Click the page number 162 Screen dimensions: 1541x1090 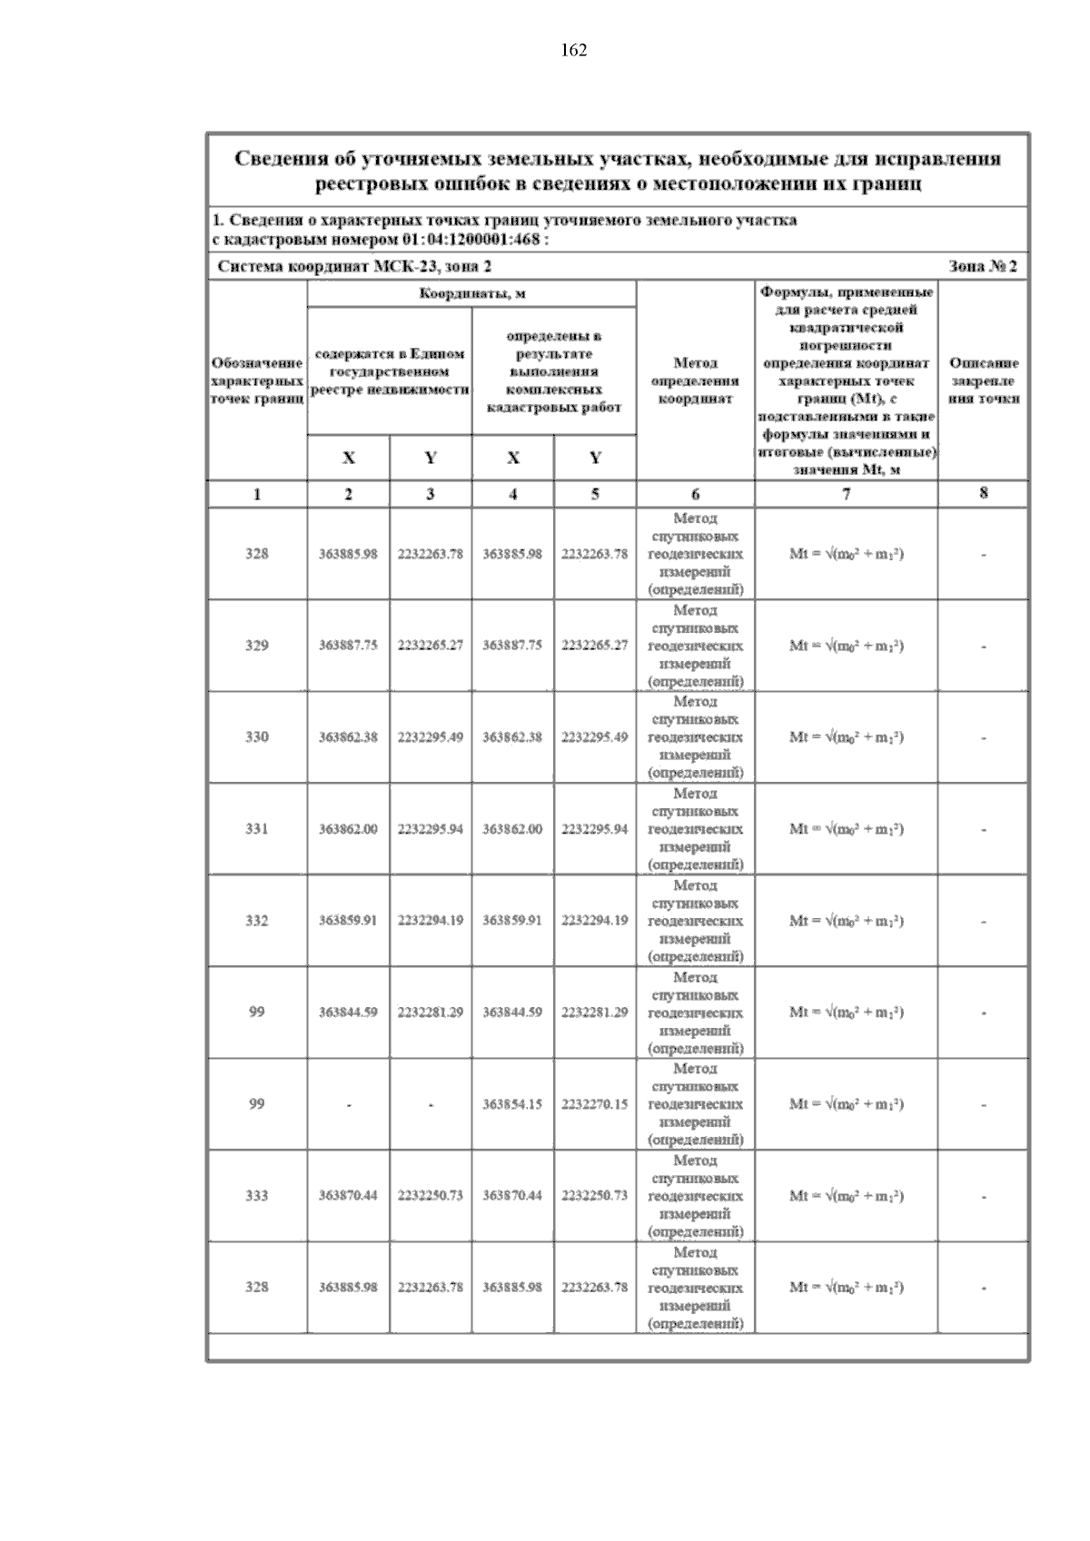tap(573, 51)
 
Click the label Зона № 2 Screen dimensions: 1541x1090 tap(982, 267)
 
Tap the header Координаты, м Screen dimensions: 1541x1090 tap(471, 293)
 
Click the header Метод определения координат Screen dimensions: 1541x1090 tap(695, 380)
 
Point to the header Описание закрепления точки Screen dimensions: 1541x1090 tap(983, 380)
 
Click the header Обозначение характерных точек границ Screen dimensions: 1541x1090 tap(257, 380)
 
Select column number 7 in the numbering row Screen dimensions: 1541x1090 tap(846, 495)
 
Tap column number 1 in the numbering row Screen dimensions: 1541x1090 tap(257, 495)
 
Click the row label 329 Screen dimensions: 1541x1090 tap(257, 646)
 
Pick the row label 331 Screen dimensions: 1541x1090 tap(257, 829)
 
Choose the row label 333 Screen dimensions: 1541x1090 tap(257, 1196)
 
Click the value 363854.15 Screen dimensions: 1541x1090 tap(512, 1104)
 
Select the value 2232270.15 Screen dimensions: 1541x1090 tap(594, 1104)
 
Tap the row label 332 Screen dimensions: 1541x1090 tap(257, 921)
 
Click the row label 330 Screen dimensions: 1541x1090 tap(257, 737)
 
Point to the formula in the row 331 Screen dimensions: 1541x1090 tap(846, 829)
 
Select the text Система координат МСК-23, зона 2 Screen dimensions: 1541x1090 tap(356, 267)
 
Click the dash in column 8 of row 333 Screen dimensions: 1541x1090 tap(983, 1197)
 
